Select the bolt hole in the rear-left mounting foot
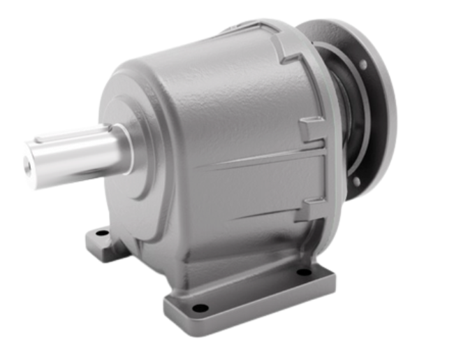tap(102, 232)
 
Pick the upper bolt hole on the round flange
tap(363, 64)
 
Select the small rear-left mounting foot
tap(105, 241)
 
